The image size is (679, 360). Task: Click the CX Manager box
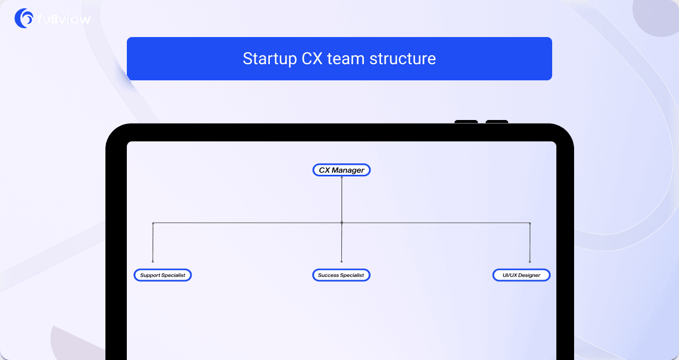click(341, 170)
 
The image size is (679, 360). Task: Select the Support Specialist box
click(162, 275)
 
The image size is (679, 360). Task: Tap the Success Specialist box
click(341, 275)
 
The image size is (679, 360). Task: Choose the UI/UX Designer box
click(521, 275)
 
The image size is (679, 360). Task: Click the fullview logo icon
click(24, 18)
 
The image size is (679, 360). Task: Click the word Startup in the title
click(269, 58)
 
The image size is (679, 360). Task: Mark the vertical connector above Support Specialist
click(153, 243)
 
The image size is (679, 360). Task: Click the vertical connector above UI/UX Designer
click(530, 243)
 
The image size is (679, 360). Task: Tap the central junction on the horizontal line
click(341, 223)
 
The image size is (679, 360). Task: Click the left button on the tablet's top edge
click(466, 122)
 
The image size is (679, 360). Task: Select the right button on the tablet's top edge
click(497, 122)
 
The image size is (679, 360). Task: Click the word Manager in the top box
click(349, 170)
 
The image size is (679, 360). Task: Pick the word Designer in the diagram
click(529, 275)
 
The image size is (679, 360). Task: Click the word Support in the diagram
click(150, 275)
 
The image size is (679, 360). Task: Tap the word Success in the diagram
click(328, 275)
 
